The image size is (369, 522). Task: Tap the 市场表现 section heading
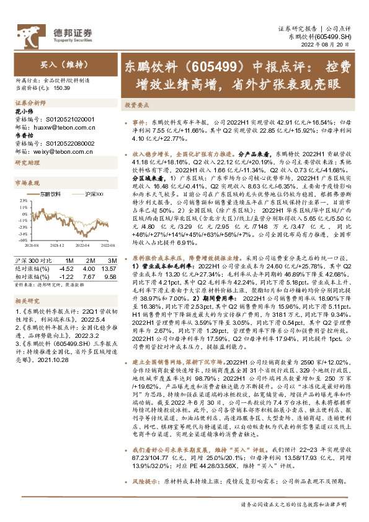[x=27, y=184]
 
